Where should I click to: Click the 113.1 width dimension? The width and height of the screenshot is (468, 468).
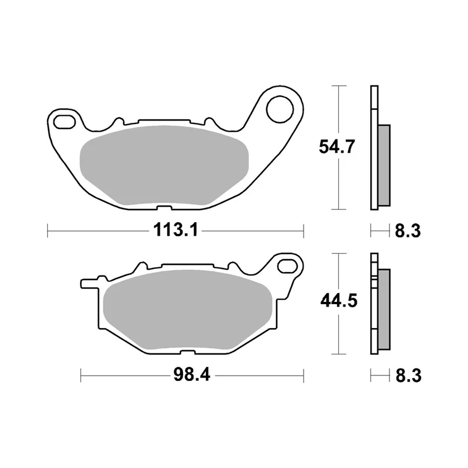175,230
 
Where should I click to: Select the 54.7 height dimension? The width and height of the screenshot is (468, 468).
337,147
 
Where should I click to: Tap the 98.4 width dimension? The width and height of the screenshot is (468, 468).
192,374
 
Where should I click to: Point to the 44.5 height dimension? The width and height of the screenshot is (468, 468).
339,301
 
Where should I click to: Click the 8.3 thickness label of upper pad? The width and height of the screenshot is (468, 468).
408,231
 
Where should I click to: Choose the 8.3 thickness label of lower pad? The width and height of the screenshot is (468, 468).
408,376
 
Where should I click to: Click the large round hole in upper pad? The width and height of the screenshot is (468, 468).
280,109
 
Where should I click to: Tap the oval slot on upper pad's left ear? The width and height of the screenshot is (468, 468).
64,122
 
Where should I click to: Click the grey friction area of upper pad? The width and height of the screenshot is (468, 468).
164,166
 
